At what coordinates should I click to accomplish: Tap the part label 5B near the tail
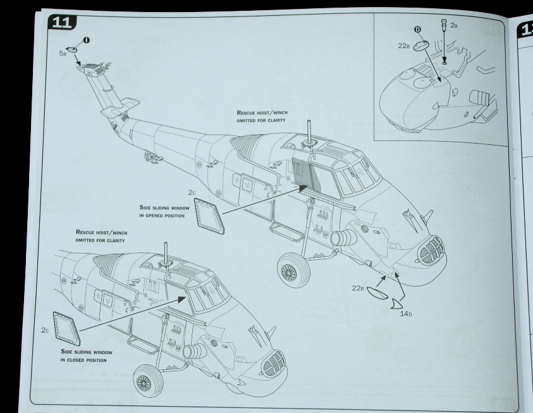coord(63,54)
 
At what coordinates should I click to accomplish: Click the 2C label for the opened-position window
coord(192,192)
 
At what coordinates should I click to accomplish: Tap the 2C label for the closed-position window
coord(44,330)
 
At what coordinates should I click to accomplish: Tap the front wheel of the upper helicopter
coord(289,273)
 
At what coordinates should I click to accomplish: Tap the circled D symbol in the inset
coord(417,30)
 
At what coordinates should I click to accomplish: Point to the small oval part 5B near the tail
coord(74,48)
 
